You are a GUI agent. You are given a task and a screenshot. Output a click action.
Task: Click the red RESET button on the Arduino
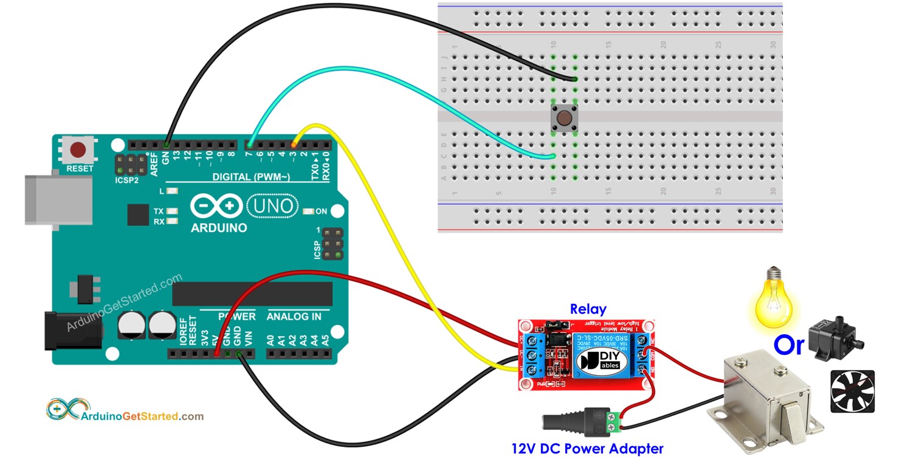pos(78,150)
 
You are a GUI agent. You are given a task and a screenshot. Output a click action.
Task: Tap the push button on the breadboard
pos(564,118)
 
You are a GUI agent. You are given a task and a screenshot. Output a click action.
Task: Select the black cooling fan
pos(852,391)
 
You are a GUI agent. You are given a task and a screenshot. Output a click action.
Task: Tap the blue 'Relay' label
pos(587,309)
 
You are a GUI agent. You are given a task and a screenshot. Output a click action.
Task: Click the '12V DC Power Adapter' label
pos(587,449)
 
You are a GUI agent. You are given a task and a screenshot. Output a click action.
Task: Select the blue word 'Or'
pos(788,345)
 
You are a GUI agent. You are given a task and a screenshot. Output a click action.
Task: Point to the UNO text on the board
pos(273,206)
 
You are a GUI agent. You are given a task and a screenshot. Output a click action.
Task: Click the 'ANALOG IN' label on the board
pos(294,317)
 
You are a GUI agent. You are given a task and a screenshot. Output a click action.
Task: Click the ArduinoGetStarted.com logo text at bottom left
pos(142,416)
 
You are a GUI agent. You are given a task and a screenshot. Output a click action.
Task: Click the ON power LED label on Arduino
pos(321,212)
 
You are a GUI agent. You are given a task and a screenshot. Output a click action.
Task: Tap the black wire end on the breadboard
pos(574,79)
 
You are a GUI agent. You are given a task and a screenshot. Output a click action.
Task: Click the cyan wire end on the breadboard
pos(553,157)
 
